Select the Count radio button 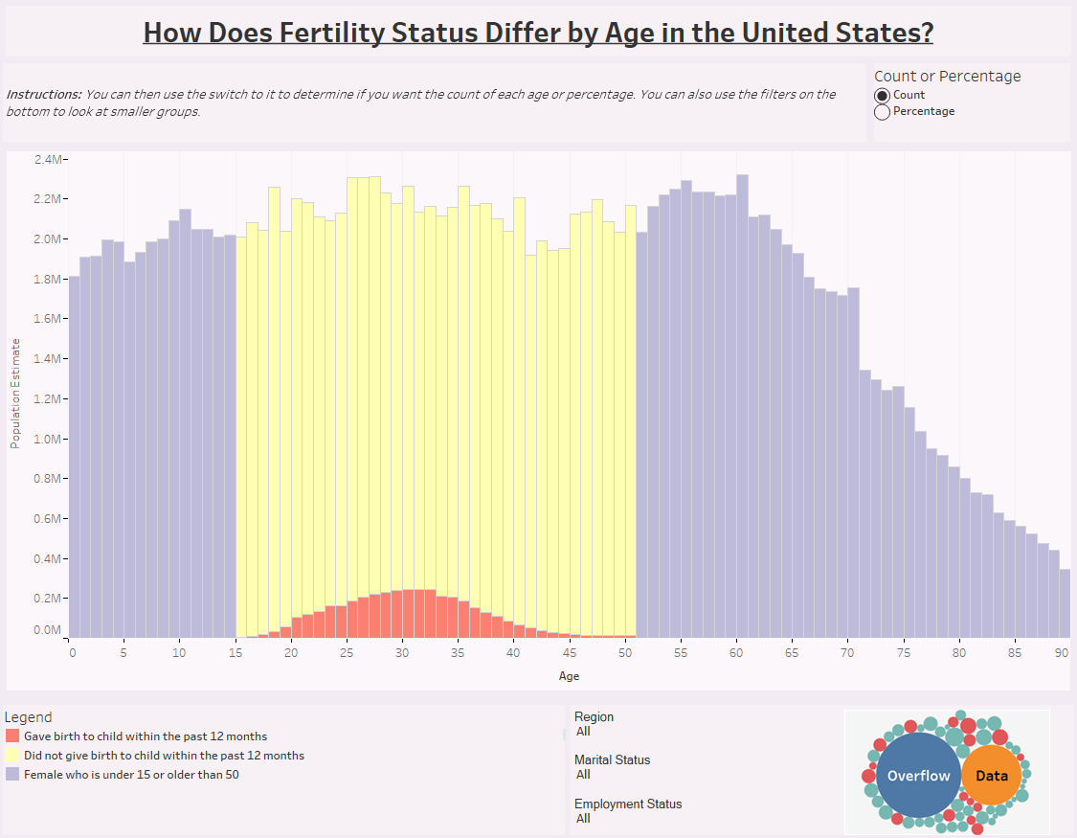[883, 95]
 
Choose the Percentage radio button [883, 111]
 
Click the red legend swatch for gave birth [12, 736]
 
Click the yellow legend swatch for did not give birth [12, 756]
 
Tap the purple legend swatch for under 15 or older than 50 [12, 774]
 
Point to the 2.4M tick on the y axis [48, 159]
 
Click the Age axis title [569, 676]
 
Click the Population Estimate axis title [14, 393]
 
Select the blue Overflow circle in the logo [918, 776]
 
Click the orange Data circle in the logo [992, 776]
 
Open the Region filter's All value [583, 732]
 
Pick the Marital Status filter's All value [583, 775]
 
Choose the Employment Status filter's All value [583, 819]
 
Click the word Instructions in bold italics [43, 95]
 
